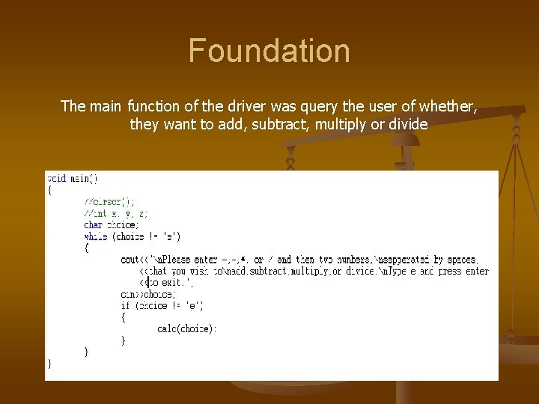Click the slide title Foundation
(269, 52)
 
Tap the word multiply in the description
(341, 124)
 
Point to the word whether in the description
(444, 106)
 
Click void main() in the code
(73, 179)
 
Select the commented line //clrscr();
(110, 201)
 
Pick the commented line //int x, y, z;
(116, 213)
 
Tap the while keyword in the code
(96, 236)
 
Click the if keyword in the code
(124, 305)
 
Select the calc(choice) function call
(187, 328)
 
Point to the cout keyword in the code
(130, 260)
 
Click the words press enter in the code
(466, 271)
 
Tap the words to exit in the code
(170, 283)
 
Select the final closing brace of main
(50, 363)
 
